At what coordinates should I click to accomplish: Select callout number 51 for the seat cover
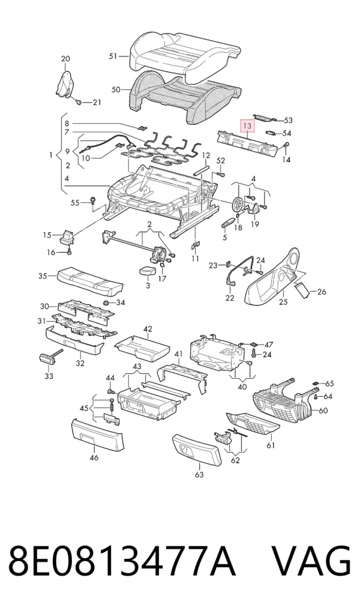(x=113, y=56)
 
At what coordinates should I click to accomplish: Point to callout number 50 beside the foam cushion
(x=116, y=89)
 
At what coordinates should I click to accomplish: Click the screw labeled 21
(x=79, y=102)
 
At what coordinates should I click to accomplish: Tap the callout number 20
(x=65, y=59)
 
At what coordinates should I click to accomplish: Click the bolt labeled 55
(x=93, y=200)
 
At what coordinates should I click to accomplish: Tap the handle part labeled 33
(x=48, y=358)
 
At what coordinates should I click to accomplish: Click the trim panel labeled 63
(x=196, y=450)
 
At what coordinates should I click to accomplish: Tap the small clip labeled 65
(x=316, y=383)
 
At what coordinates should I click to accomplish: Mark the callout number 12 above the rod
(x=206, y=156)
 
